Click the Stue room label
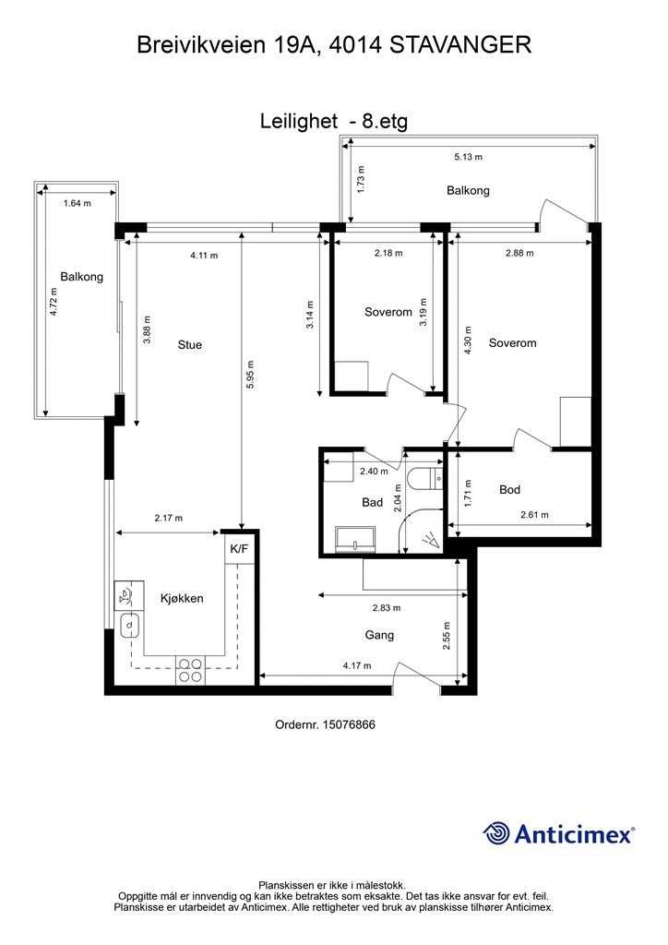coord(190,345)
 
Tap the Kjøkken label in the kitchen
coord(182,598)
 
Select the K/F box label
coord(239,549)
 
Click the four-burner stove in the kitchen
coord(190,670)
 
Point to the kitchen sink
coord(129,626)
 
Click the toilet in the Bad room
coord(424,479)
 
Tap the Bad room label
coord(372,502)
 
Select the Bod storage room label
coord(509,489)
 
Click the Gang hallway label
coord(379,635)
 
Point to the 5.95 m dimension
coord(251,374)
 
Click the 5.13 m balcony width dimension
coord(468,157)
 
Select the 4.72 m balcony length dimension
coord(54,302)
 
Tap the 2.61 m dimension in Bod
coord(535,515)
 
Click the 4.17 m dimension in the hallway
coord(357,666)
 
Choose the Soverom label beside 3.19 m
coord(388,312)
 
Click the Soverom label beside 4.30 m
coord(513,343)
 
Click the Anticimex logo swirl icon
coord(496,833)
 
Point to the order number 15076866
coord(350,724)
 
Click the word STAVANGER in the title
coord(460,45)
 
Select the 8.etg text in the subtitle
coord(385,122)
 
